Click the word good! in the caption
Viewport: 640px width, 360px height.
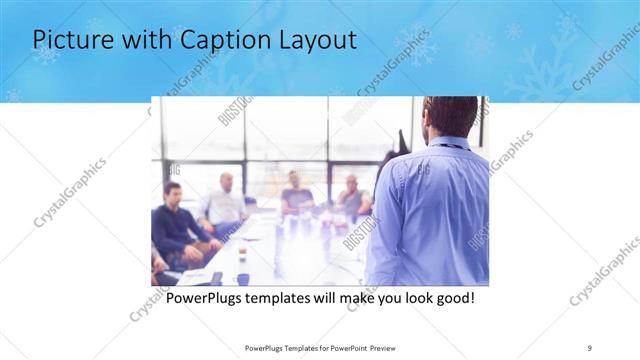(x=452, y=299)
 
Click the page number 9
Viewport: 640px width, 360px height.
(x=590, y=347)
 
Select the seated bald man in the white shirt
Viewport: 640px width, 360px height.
(x=224, y=205)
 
